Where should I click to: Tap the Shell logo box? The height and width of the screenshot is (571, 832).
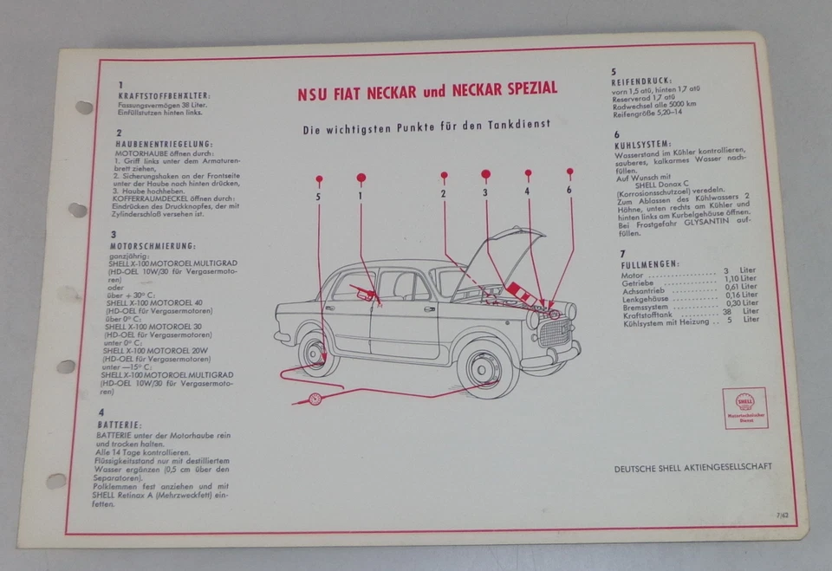[x=744, y=407]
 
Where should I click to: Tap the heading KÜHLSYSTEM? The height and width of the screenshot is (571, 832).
[x=641, y=144]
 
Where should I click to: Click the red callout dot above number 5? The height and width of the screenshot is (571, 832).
[x=319, y=179]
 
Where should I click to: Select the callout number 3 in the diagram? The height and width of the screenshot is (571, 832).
[x=485, y=191]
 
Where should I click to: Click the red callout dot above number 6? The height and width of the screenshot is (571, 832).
[x=569, y=172]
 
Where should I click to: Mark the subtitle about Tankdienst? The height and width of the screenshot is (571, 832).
[x=426, y=126]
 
